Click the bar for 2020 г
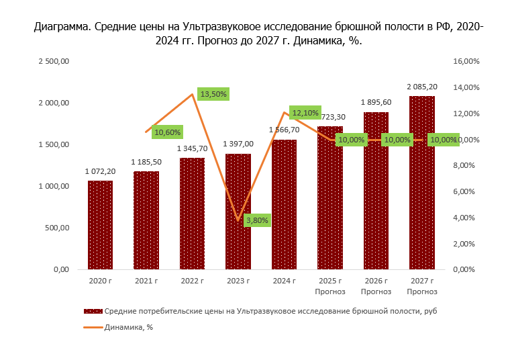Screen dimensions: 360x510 pos(100,224)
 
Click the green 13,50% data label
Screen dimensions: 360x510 pos(213,94)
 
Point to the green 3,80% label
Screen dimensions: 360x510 pos(257,220)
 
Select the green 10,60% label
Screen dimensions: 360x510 pos(167,132)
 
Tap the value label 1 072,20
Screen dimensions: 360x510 pos(100,171)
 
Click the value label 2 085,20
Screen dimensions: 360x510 pos(422,87)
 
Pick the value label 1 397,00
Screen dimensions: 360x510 pos(238,144)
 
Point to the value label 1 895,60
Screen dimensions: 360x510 pos(376,102)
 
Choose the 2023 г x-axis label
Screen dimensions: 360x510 pos(238,281)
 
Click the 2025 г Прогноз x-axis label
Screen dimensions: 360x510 pos(330,286)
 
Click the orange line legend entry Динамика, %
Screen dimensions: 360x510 pos(129,328)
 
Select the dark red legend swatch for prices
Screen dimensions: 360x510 pos(93,311)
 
